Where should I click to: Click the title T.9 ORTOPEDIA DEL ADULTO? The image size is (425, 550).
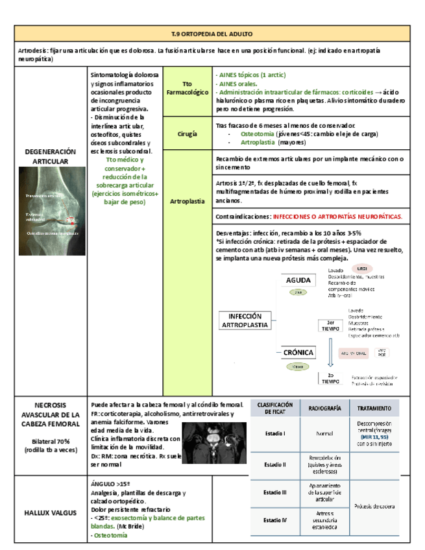click(x=212, y=33)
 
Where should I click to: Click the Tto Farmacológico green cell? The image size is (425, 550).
click(x=187, y=90)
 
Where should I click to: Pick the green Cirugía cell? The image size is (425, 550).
click(x=187, y=133)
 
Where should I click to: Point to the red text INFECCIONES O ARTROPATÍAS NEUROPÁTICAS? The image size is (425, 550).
click(x=337, y=216)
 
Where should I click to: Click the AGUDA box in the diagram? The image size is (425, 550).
click(x=298, y=280)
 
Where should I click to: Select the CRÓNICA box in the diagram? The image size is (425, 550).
click(x=298, y=353)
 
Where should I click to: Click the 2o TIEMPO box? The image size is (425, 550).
click(x=330, y=379)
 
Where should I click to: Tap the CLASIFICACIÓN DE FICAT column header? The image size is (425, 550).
click(x=276, y=408)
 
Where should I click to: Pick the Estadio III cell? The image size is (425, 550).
click(x=276, y=493)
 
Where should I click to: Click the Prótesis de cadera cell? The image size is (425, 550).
click(x=374, y=506)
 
